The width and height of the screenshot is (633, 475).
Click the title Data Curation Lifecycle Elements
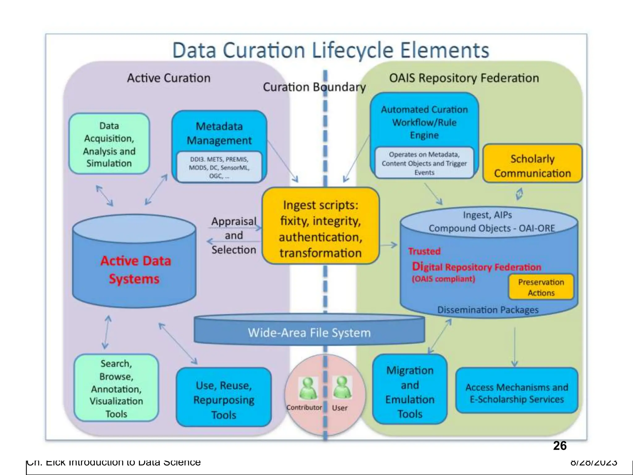click(x=331, y=50)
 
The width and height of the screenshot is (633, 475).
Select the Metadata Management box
click(x=219, y=133)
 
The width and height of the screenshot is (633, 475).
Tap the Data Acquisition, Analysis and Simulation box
click(x=109, y=144)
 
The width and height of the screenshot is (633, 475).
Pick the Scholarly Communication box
click(x=532, y=165)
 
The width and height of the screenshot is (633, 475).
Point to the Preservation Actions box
click(x=541, y=287)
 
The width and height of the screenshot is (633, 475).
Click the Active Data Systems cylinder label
click(x=135, y=270)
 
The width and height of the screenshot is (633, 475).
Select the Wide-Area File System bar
click(x=309, y=333)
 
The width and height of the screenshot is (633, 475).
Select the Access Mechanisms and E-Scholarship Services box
click(x=517, y=393)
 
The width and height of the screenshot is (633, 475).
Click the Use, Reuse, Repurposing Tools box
click(x=224, y=400)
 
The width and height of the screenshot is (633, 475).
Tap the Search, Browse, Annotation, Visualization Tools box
click(x=116, y=388)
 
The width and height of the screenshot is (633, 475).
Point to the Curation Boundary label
click(x=314, y=87)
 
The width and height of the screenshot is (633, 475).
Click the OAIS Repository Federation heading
click(x=464, y=78)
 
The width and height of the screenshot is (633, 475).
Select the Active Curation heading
click(x=169, y=78)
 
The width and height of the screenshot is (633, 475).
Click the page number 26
click(x=559, y=446)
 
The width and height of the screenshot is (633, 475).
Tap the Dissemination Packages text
click(x=488, y=310)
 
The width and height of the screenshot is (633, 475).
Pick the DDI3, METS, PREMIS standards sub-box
click(x=219, y=167)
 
